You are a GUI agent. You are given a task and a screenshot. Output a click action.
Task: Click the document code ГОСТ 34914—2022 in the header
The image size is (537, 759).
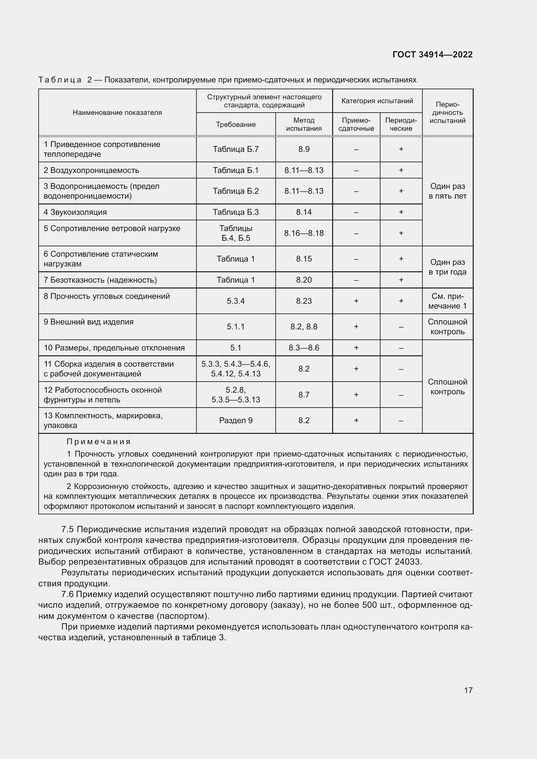(432, 55)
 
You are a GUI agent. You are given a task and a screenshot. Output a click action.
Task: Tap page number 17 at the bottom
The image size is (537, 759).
(468, 690)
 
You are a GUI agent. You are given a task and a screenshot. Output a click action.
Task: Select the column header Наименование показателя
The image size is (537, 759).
(117, 112)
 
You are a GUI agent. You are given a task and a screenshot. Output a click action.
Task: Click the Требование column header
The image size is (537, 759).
(235, 124)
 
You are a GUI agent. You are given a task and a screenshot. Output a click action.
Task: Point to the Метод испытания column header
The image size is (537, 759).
(304, 124)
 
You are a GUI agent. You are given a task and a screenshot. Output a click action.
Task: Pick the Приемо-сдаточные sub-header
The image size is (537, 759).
(356, 124)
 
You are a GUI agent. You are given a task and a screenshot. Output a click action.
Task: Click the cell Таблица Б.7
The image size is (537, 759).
(235, 149)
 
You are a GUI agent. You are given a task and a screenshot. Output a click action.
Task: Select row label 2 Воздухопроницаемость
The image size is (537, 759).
(91, 170)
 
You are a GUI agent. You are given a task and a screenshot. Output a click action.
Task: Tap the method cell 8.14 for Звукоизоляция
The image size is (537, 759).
(304, 212)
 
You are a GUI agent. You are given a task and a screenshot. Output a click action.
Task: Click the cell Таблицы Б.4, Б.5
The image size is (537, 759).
(235, 233)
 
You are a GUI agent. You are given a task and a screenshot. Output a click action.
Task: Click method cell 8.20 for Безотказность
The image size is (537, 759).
(304, 280)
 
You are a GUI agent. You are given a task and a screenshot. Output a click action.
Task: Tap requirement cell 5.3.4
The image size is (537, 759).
(235, 301)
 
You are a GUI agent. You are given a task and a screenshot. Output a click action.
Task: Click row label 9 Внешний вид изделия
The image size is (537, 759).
(89, 322)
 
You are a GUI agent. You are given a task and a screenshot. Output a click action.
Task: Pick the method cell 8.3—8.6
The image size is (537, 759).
(304, 348)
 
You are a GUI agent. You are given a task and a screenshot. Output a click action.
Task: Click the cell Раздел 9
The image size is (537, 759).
(235, 421)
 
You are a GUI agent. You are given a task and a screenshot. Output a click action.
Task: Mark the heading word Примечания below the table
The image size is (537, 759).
(99, 442)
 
